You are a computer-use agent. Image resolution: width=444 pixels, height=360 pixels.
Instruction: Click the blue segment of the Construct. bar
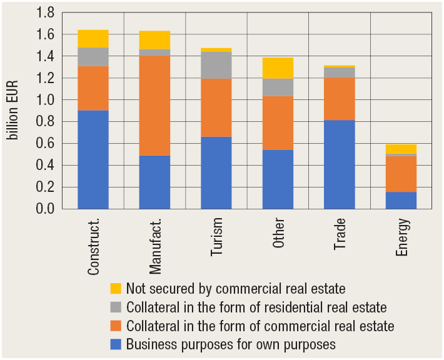[93, 159]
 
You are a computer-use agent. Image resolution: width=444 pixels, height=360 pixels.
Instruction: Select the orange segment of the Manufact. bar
[154, 106]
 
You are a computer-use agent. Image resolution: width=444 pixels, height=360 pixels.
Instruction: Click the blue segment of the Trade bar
[340, 164]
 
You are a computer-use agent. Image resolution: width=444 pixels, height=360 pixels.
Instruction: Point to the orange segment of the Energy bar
[401, 174]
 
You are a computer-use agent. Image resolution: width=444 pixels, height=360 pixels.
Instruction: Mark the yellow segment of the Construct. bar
[93, 39]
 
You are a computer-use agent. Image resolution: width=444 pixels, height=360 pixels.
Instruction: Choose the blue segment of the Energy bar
[401, 200]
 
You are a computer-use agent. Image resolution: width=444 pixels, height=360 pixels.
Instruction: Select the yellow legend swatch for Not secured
[116, 289]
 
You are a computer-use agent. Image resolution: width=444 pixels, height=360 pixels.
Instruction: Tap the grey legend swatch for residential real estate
[116, 307]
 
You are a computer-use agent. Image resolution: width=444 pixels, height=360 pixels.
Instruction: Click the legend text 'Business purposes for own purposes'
[231, 344]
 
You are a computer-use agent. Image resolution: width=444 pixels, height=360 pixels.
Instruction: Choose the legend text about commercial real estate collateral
[260, 326]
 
